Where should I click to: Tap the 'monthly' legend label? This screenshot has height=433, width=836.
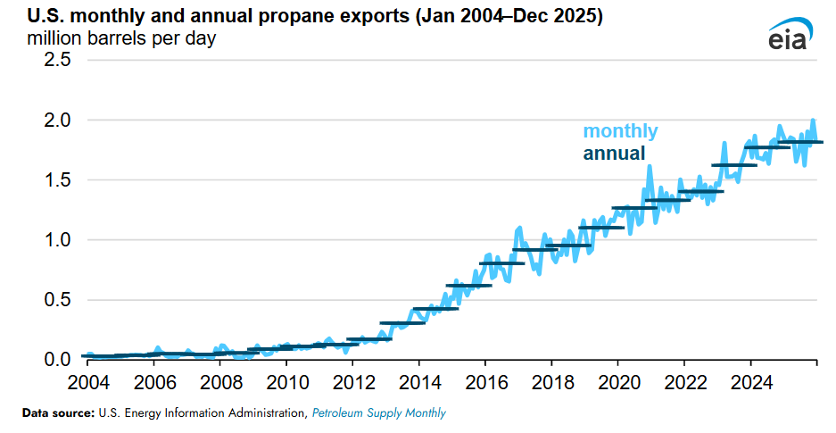click(x=620, y=131)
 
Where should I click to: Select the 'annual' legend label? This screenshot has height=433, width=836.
click(x=614, y=154)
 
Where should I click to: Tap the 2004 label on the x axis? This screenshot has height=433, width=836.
click(x=89, y=382)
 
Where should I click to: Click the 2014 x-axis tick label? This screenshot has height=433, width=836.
click(x=418, y=382)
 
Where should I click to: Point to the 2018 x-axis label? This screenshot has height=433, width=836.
click(x=550, y=382)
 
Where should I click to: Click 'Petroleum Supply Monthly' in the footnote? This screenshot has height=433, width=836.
click(x=378, y=413)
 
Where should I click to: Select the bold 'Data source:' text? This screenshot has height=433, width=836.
click(x=56, y=413)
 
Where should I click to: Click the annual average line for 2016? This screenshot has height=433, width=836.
click(x=501, y=263)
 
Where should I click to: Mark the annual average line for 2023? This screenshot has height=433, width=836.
click(x=733, y=165)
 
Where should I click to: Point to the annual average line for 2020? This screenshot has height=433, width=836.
click(x=633, y=208)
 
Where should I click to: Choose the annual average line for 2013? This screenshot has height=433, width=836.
click(x=401, y=322)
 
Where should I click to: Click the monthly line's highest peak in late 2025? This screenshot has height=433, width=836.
click(x=813, y=121)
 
